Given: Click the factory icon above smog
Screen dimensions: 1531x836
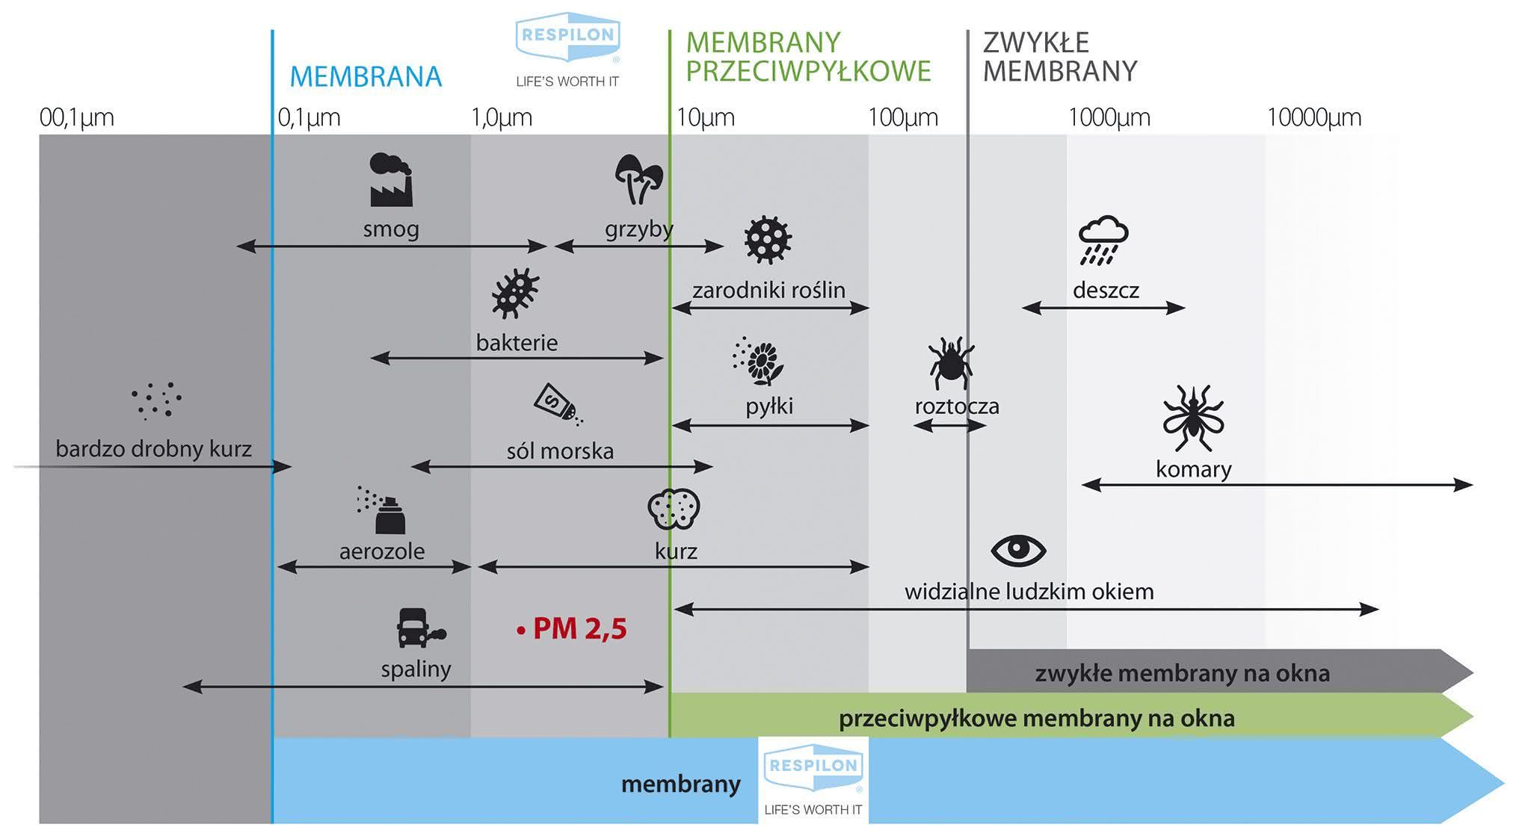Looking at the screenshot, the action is coord(390,180).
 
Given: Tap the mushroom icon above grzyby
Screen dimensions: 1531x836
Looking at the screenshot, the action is coord(638,179).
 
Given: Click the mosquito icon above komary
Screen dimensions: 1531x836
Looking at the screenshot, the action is coord(1193,418).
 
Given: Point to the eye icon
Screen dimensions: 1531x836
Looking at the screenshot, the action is coord(1018,551).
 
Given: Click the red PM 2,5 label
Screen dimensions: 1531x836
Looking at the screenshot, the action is coord(572,629).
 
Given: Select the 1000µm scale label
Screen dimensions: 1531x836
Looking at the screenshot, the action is coord(1109,117).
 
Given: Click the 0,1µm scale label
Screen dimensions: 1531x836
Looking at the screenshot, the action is coord(309,117).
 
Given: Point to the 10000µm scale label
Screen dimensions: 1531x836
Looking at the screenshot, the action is coord(1314,117).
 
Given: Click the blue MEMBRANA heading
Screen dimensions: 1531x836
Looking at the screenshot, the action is coord(366,77).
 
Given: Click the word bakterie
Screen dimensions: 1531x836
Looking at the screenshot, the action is coord(517,342).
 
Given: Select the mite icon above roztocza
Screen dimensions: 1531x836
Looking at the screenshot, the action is coord(950,363).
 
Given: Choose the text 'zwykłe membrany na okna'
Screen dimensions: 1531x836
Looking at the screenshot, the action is coord(1183,673).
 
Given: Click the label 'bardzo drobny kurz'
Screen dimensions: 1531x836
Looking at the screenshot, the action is coord(153,448).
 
